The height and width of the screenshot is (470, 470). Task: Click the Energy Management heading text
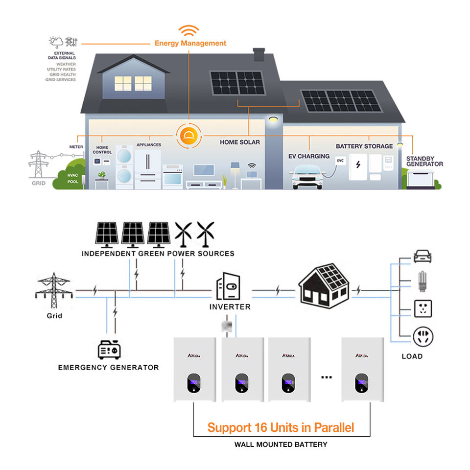coord(190,43)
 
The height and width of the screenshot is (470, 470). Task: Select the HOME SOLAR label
coord(240,142)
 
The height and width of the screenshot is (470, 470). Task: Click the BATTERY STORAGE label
coord(364,146)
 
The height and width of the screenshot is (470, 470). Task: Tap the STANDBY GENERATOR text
coord(424,161)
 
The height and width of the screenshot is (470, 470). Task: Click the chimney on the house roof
coord(259,54)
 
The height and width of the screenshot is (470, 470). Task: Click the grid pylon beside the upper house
coord(38,164)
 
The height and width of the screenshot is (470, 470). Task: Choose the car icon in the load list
coord(422,257)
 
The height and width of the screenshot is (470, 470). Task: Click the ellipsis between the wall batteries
coord(327,377)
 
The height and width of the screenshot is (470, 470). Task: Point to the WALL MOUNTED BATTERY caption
coord(281,445)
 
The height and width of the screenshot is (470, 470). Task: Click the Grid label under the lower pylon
coord(54,316)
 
